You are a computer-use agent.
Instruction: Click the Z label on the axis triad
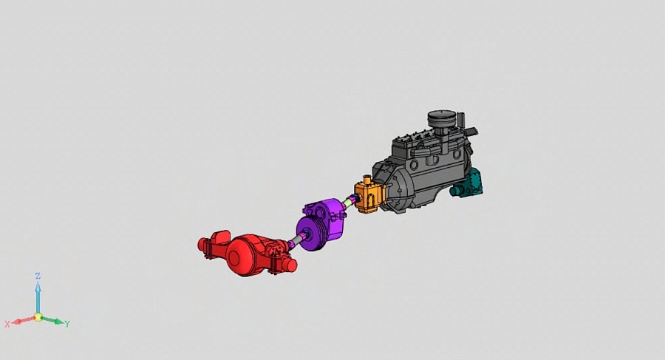pyautogui.click(x=38, y=276)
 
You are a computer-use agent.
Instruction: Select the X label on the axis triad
pyautogui.click(x=7, y=325)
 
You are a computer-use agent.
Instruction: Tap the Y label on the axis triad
pyautogui.click(x=67, y=324)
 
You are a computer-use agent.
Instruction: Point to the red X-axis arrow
pyautogui.click(x=23, y=320)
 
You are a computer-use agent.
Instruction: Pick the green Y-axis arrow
pyautogui.click(x=53, y=320)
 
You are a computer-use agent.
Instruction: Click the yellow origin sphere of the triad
pyautogui.click(x=38, y=317)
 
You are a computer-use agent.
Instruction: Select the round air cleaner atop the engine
pyautogui.click(x=442, y=118)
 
